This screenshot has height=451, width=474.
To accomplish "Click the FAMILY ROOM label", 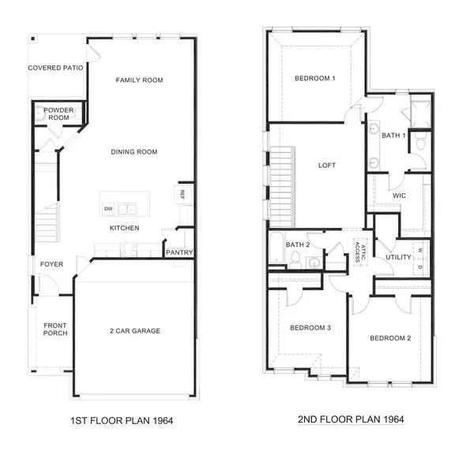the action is (x=139, y=80).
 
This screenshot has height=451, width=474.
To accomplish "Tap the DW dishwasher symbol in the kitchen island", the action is (x=108, y=208).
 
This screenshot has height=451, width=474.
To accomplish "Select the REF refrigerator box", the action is (x=182, y=195).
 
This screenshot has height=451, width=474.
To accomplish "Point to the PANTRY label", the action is (x=179, y=252).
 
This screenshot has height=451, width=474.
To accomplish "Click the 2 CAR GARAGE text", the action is (x=135, y=330).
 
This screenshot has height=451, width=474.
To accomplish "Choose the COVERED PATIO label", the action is (x=55, y=68).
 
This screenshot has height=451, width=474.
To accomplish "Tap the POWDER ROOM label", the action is (x=58, y=114).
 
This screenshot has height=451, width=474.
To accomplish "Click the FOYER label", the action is (x=51, y=264).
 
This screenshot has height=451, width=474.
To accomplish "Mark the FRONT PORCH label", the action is (x=55, y=329).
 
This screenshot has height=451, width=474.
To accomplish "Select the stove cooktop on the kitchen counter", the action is (x=129, y=250).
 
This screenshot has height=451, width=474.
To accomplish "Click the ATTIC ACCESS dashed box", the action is (x=360, y=252).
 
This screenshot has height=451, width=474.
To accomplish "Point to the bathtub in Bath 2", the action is (x=277, y=248).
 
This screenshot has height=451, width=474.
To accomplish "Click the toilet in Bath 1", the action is (x=420, y=141).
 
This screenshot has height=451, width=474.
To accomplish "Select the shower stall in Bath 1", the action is (x=420, y=114).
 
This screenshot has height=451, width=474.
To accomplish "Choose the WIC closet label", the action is (x=399, y=196).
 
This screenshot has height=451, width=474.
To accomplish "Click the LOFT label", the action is (x=327, y=166).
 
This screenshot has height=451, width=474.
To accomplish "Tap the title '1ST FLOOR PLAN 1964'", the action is (x=122, y=420).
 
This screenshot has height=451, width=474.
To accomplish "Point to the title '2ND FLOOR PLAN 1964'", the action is (x=351, y=419).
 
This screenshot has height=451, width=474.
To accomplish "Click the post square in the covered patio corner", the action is (x=33, y=39).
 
